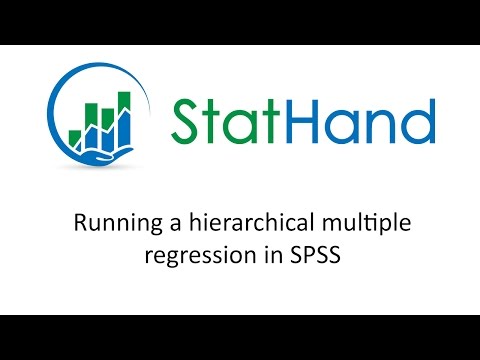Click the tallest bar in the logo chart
click(x=124, y=113)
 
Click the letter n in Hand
click(x=386, y=125)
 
